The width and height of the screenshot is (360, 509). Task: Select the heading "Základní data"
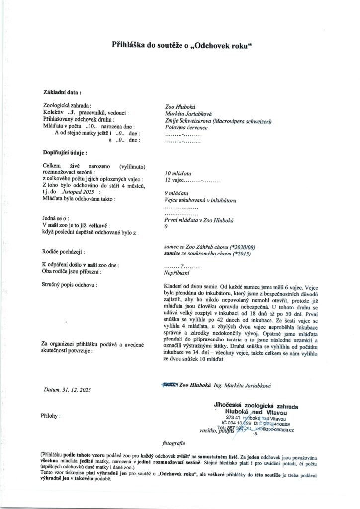coord(62,92)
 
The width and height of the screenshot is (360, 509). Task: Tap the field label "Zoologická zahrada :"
coord(68,106)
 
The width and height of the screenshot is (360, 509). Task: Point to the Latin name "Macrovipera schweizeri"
coord(243,120)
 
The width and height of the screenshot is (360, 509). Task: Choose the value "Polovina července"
coord(186,127)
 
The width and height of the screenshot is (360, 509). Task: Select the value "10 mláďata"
coord(179,174)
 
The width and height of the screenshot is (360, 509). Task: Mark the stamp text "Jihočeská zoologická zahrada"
coord(254,405)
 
